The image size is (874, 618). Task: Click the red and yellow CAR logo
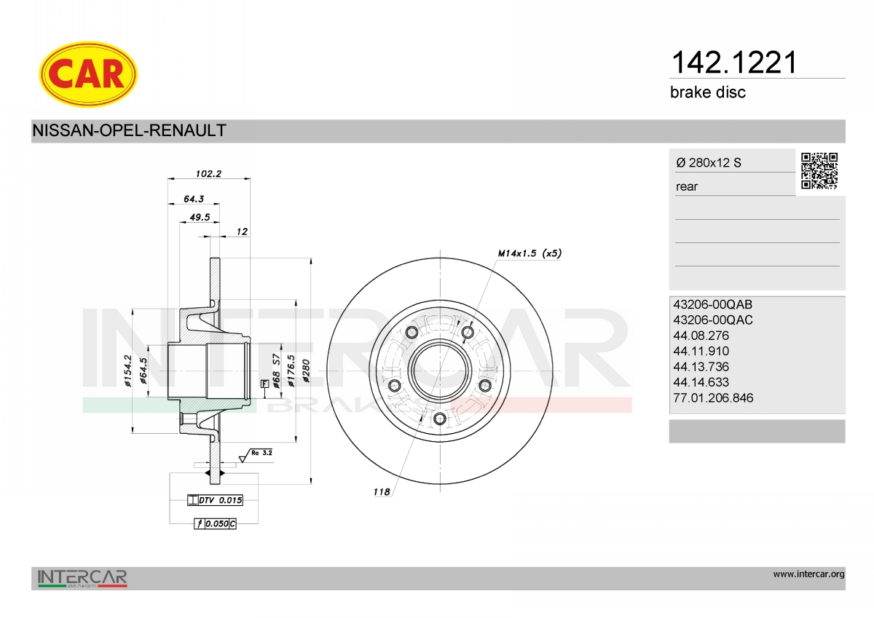88,74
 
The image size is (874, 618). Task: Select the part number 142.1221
733,63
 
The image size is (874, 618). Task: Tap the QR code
819,171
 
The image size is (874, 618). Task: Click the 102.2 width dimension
208,173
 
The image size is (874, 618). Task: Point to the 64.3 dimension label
194,199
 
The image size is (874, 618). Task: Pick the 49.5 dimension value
200,217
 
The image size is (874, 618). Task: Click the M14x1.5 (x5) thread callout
529,253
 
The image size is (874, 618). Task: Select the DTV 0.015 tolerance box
215,500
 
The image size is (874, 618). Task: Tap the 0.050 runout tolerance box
215,523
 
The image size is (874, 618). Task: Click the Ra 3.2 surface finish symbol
256,456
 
